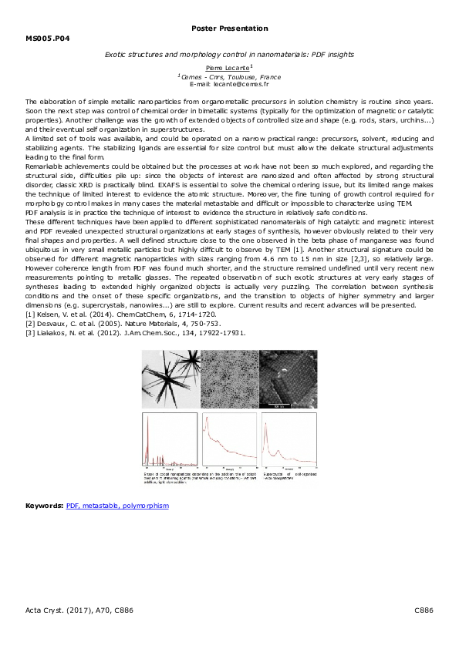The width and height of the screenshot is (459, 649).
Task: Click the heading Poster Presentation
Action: click(x=229, y=29)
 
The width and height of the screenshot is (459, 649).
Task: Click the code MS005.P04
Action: click(x=47, y=37)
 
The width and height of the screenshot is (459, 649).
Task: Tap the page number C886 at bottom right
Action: click(x=424, y=610)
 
